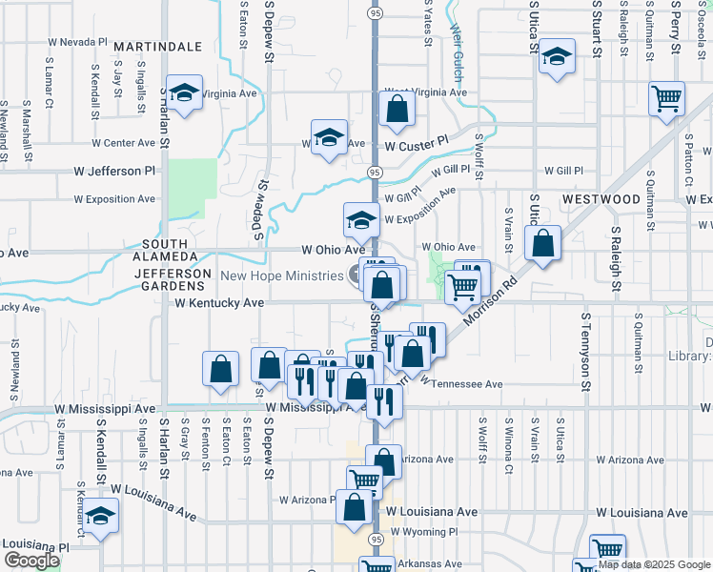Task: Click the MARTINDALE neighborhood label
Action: pos(158,46)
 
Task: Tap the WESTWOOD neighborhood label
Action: pos(601,199)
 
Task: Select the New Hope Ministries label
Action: pos(281,276)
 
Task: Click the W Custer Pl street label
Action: pos(417,144)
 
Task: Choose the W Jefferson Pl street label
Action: pos(114,172)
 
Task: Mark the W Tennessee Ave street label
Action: pos(460,384)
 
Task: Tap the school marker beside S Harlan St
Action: pos(184,93)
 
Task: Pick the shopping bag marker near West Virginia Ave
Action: pos(396,110)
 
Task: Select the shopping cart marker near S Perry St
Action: pos(666,97)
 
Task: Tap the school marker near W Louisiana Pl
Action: pos(97,518)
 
